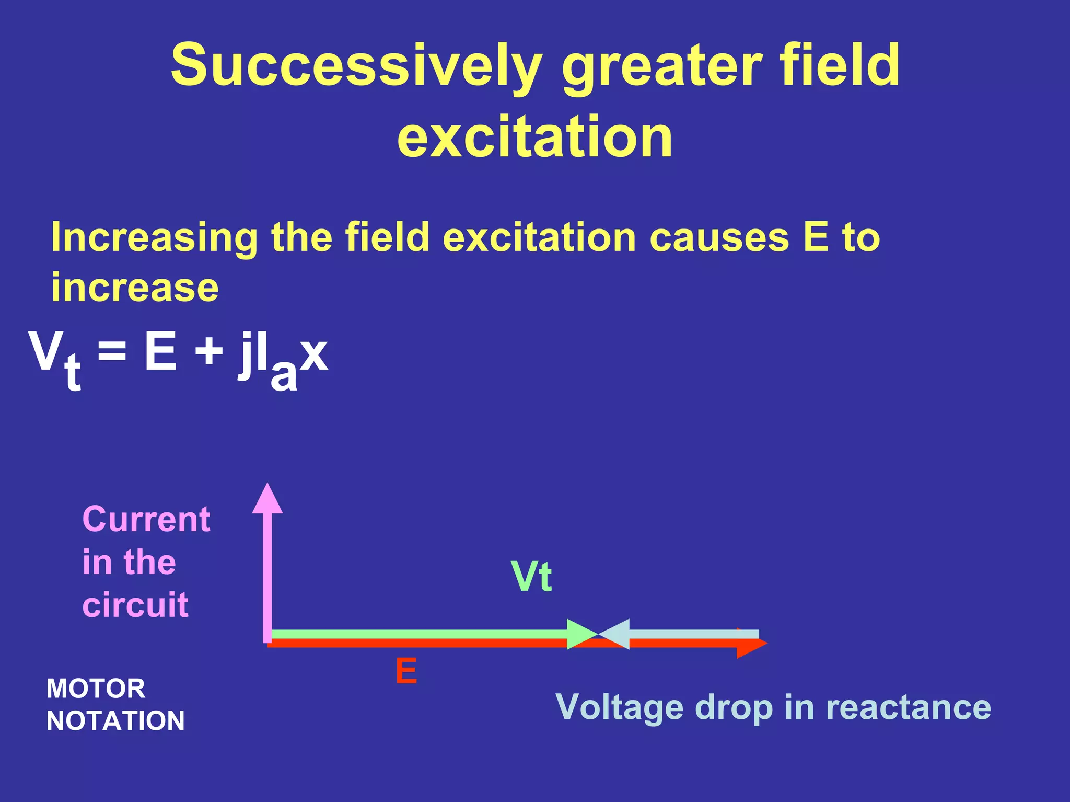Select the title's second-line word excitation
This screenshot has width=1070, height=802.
click(535, 137)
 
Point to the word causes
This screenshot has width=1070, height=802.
click(719, 238)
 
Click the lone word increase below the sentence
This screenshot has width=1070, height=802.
click(135, 288)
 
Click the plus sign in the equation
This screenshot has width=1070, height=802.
click(209, 351)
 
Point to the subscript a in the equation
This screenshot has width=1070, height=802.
click(284, 374)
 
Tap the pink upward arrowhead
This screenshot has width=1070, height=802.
click(267, 500)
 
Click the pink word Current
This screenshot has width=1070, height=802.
click(146, 520)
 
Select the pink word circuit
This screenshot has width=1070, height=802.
click(135, 605)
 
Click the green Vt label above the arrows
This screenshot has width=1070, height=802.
click(532, 577)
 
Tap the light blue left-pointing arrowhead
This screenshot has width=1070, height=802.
click(615, 634)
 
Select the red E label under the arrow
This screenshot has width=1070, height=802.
click(406, 671)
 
